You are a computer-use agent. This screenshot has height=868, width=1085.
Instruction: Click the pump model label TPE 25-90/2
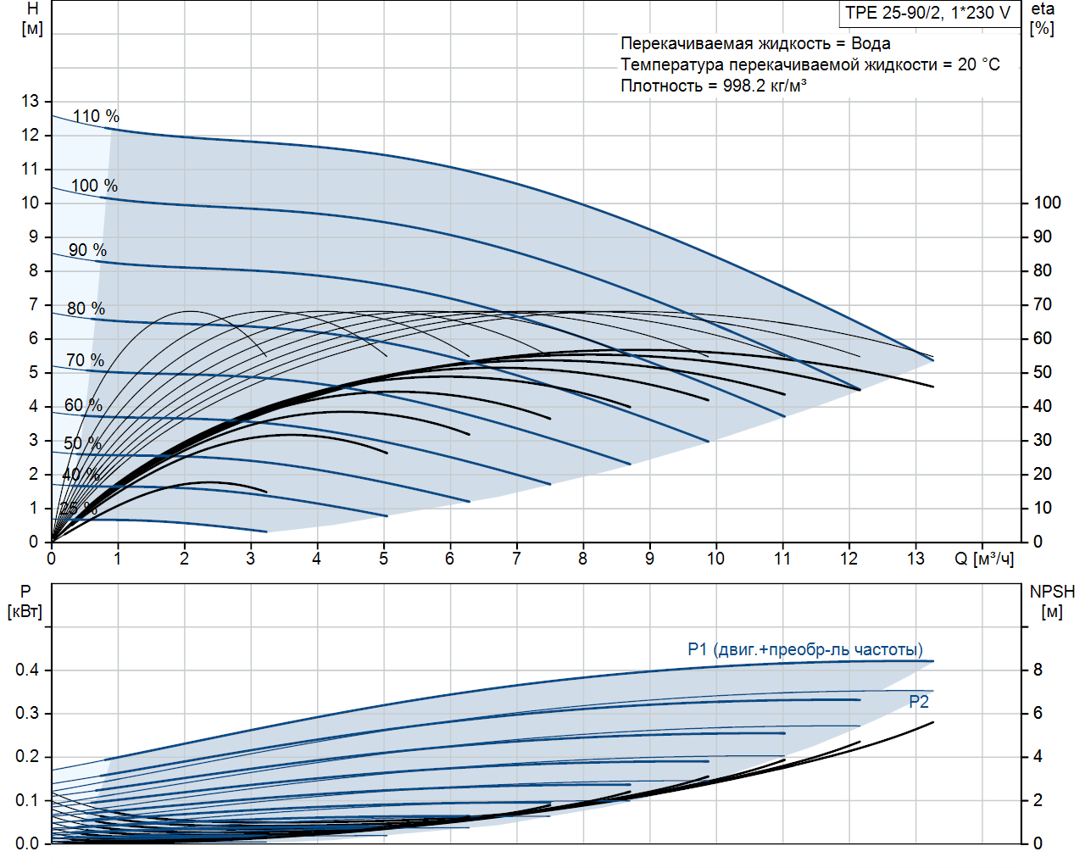927,13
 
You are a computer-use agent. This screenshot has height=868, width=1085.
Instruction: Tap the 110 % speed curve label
96,116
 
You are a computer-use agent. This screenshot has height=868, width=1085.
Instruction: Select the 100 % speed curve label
94,186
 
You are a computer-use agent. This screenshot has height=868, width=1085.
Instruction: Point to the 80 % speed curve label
86,309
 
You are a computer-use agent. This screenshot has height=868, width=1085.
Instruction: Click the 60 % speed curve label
83,405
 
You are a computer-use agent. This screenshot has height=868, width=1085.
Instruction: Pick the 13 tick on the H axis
31,101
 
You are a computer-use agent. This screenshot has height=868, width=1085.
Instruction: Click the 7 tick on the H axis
34,304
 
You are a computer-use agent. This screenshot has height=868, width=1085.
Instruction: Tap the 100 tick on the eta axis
1047,203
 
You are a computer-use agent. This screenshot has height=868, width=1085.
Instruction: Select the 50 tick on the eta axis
1042,372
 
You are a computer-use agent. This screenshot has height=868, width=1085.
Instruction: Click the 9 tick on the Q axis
649,559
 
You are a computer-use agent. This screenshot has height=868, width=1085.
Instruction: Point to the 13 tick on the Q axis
915,559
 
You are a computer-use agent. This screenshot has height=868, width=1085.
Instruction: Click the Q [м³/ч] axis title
984,559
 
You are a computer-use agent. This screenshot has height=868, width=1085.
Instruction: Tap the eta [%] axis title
1043,19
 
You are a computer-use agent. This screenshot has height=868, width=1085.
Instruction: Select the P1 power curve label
804,649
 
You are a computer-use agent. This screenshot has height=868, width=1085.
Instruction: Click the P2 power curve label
919,702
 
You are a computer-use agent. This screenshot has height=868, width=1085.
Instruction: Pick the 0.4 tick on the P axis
27,670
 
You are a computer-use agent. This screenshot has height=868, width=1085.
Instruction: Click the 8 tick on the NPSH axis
1038,670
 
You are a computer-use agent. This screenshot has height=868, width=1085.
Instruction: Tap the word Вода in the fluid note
871,43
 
